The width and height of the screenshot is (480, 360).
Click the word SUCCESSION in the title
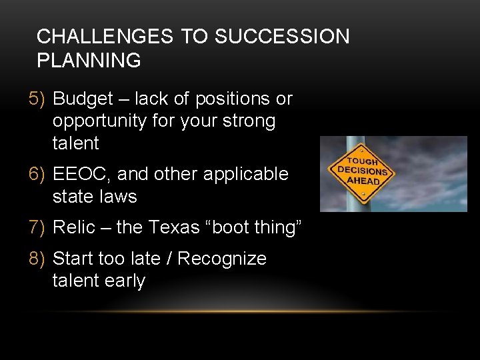point(281,37)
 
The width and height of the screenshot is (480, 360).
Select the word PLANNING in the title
point(89,61)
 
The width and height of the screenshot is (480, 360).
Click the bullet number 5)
point(38,99)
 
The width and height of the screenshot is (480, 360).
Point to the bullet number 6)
point(38,174)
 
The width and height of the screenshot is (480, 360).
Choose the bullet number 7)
point(38,227)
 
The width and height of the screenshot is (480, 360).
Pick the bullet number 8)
point(38,258)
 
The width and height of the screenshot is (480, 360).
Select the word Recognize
point(222,258)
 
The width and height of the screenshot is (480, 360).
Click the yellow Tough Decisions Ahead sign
point(363,171)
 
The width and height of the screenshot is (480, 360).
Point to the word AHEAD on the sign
point(363,181)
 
